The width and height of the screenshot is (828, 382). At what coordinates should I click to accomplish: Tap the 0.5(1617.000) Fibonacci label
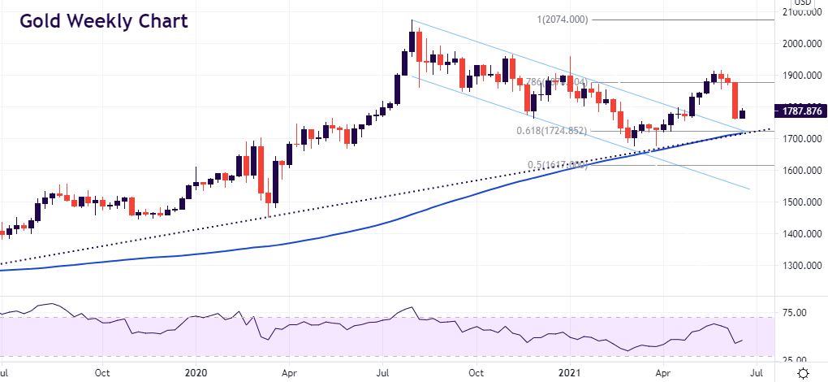[x=557, y=165]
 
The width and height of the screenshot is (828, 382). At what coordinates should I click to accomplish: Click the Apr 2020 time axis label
[x=288, y=373]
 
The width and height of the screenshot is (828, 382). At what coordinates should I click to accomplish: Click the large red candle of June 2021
[x=736, y=100]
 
